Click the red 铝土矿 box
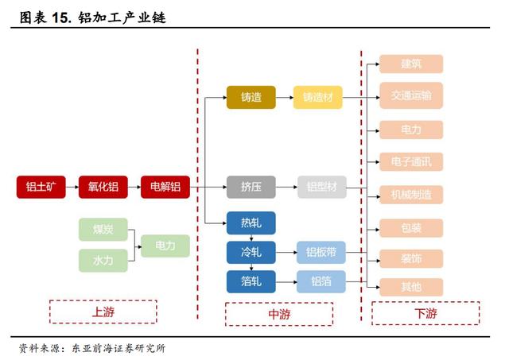(x=41, y=188)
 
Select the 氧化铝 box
(x=103, y=188)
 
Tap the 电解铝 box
(x=165, y=188)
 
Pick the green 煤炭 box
(x=103, y=230)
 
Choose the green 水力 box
(x=103, y=260)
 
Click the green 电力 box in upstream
(x=165, y=245)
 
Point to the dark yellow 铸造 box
(x=251, y=98)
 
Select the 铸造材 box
(x=317, y=98)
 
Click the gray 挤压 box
(x=251, y=188)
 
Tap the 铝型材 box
(x=322, y=188)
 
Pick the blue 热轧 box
(x=251, y=223)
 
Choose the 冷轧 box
(x=251, y=252)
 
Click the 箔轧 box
(x=251, y=281)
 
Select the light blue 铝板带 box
(x=321, y=252)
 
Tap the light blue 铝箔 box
(x=321, y=281)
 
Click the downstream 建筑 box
(x=410, y=64)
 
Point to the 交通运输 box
(x=410, y=95)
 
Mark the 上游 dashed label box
(x=103, y=312)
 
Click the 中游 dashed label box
(x=278, y=314)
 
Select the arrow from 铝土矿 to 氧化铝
(x=72, y=188)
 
